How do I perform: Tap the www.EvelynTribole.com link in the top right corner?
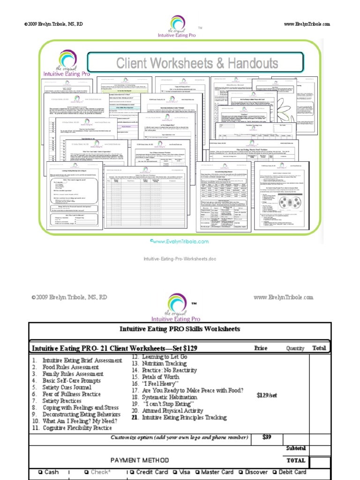click(x=307, y=24)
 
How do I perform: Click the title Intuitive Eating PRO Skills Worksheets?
click(x=180, y=329)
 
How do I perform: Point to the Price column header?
click(x=261, y=348)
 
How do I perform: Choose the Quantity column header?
click(x=295, y=348)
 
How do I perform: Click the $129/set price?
click(x=267, y=395)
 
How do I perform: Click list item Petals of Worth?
click(x=161, y=377)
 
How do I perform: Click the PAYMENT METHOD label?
click(x=140, y=460)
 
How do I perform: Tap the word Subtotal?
click(x=296, y=449)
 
